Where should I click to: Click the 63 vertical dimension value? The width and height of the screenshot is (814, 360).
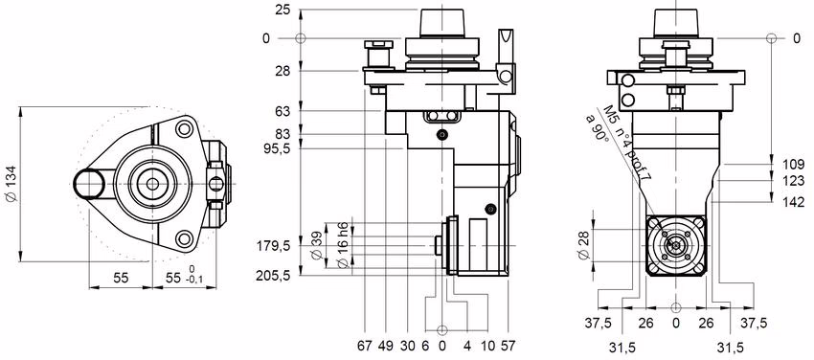(282, 111)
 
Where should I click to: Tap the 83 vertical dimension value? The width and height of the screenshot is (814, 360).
(282, 133)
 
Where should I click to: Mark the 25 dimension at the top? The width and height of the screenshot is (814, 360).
(282, 11)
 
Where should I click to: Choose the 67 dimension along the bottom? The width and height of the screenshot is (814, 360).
(365, 344)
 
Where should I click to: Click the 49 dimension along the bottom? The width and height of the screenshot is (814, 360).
(386, 344)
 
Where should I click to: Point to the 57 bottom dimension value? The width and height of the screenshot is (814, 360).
(508, 344)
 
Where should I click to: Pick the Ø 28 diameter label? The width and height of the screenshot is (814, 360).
(585, 245)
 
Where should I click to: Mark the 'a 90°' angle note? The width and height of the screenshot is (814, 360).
(599, 128)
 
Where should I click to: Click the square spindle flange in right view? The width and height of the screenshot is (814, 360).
(676, 246)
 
